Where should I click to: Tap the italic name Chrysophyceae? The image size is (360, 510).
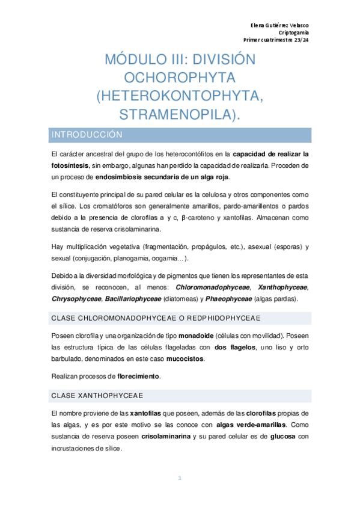pos(77,299)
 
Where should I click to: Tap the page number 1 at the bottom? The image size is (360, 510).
pos(180,478)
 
